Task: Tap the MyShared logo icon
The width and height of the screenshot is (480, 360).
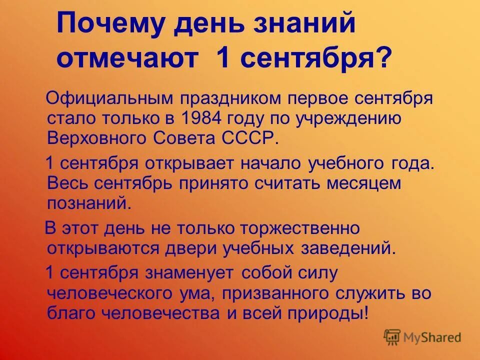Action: coord(392,336)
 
